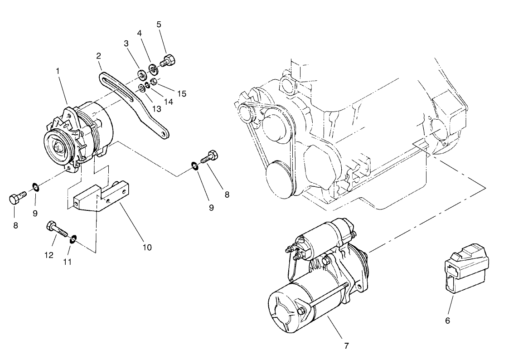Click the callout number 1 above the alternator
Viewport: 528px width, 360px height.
click(x=58, y=71)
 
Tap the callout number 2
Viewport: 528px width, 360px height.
click(x=98, y=56)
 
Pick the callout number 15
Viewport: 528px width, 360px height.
click(x=181, y=94)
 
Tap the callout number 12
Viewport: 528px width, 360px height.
click(x=49, y=255)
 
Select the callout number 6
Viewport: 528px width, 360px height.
click(x=447, y=321)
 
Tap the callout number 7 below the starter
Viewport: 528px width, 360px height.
click(x=346, y=345)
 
